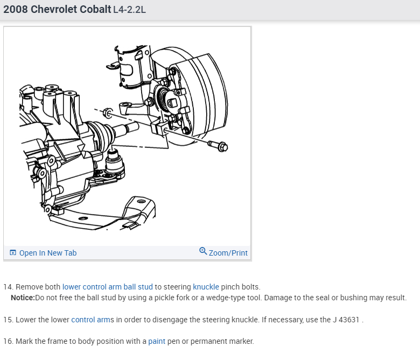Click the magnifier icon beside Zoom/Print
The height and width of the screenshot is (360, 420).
point(203,251)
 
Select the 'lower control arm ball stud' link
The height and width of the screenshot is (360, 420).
point(107,287)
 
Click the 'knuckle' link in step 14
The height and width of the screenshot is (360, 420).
point(206,287)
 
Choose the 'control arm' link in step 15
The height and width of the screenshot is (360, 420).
point(91,320)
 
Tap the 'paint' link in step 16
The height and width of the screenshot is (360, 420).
point(157,341)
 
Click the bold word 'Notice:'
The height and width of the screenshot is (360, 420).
point(23,298)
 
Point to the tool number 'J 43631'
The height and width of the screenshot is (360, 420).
point(346,320)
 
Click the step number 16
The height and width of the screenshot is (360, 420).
point(8,341)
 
